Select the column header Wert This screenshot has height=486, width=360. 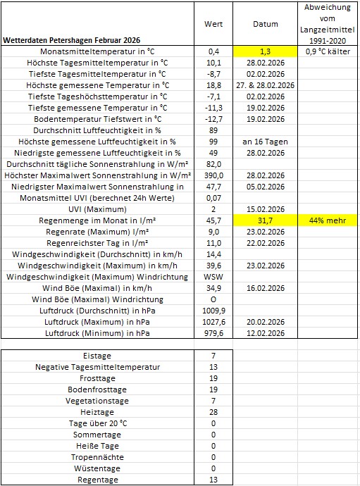coord(213,23)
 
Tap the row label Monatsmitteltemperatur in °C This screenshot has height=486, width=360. coord(98,51)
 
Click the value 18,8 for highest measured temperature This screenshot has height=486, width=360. coord(213,85)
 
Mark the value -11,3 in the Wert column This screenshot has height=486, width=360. coord(213,108)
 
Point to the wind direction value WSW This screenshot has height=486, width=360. coord(213,277)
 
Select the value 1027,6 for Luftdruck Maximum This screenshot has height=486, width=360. coord(213,322)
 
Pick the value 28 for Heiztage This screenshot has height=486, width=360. coord(213,412)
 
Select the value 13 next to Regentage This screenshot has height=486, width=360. coord(213,480)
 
